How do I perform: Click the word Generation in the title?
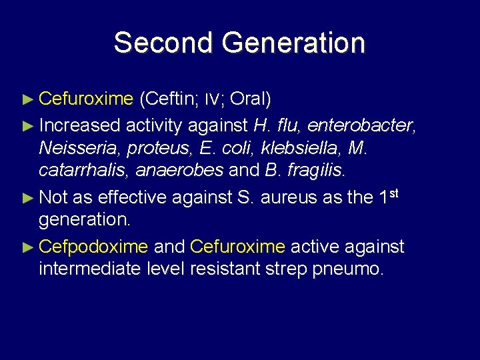coord(293,43)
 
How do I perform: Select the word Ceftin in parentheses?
coord(163,99)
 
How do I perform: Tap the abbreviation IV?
coord(211,100)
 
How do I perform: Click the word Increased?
coord(80,125)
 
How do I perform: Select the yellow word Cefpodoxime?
coord(93,247)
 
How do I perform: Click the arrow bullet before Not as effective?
coord(27,197)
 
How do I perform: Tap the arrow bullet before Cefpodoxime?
coord(27,247)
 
